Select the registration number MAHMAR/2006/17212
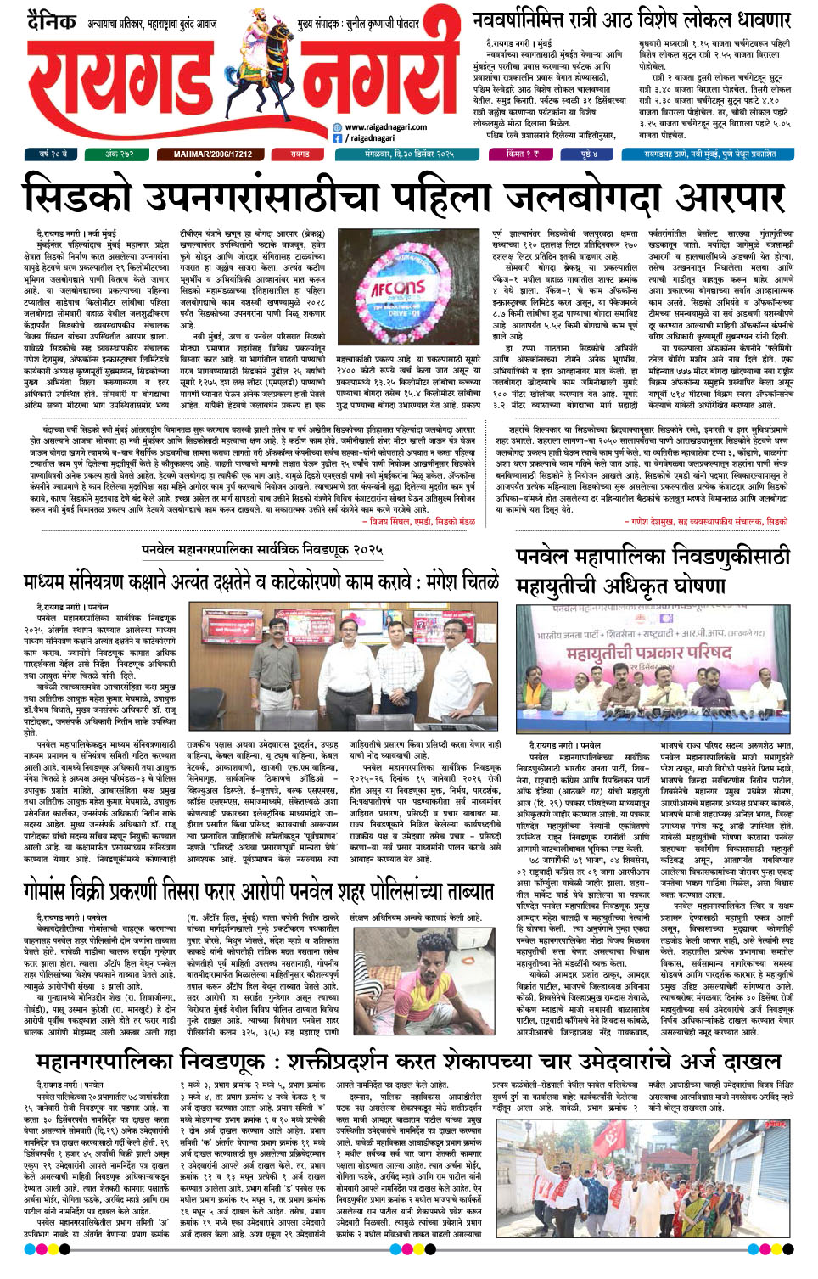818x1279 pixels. tap(212, 154)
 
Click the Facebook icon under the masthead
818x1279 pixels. tap(337, 137)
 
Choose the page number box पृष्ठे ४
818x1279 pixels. tap(589, 154)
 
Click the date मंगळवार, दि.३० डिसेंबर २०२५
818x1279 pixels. tap(410, 154)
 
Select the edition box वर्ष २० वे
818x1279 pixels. tap(53, 154)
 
